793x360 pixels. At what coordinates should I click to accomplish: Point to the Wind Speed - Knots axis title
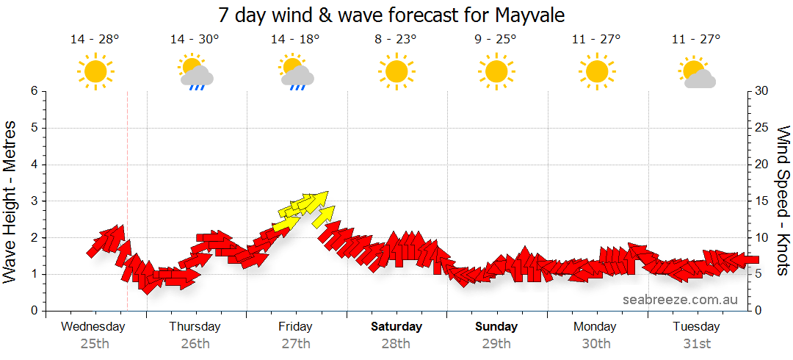[x=782, y=200]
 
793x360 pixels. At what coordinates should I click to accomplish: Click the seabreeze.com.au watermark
[x=680, y=300]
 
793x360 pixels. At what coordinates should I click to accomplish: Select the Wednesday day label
[x=93, y=327]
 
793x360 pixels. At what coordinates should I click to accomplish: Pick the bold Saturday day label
[x=396, y=327]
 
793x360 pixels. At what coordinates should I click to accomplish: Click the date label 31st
[x=696, y=344]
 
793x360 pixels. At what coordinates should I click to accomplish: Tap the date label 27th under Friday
[x=295, y=344]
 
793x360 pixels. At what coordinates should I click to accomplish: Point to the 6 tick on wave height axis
[x=33, y=91]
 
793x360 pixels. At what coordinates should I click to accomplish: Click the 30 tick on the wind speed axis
[x=763, y=91]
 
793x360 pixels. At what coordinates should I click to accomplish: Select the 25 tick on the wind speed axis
[x=763, y=128]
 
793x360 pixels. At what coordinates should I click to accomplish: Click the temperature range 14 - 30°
[x=195, y=40]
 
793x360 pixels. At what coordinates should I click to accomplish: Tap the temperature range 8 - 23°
[x=396, y=40]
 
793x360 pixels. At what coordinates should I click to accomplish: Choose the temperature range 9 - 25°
[x=496, y=40]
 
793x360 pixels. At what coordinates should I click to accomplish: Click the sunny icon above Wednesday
[x=95, y=72]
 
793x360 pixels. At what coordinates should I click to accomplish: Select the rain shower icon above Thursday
[x=195, y=73]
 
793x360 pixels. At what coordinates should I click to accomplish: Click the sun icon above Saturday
[x=396, y=72]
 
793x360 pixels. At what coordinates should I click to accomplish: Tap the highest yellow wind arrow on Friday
[x=315, y=198]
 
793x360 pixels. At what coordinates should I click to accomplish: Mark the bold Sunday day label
[x=496, y=327]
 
